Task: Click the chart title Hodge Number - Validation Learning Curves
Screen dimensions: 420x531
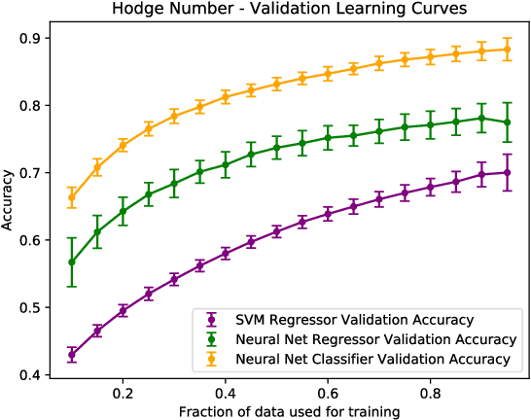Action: coord(291,10)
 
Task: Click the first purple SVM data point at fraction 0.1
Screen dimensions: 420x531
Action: coord(72,355)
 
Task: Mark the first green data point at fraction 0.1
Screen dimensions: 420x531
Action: coord(72,262)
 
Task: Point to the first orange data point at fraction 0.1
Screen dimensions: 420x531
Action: coord(72,197)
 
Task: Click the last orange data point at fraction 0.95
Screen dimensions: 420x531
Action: coord(507,49)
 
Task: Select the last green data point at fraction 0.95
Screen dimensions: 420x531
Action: coord(507,122)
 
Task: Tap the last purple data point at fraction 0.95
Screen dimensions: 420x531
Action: coord(507,172)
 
